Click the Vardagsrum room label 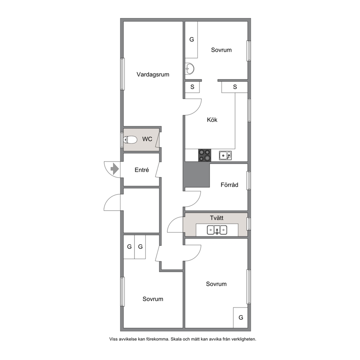pyautogui.click(x=153, y=74)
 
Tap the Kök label pyautogui.click(x=212, y=120)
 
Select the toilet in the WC pyautogui.click(x=130, y=140)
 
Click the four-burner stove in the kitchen pyautogui.click(x=205, y=155)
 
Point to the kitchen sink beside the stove pyautogui.click(x=225, y=155)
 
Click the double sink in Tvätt pyautogui.click(x=217, y=230)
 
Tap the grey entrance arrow pyautogui.click(x=115, y=169)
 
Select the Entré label pyautogui.click(x=142, y=170)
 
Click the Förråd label pyautogui.click(x=229, y=185)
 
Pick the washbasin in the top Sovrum pyautogui.click(x=190, y=69)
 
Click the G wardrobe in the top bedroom pyautogui.click(x=192, y=40)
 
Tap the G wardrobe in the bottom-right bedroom pyautogui.click(x=240, y=318)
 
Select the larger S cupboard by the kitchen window pyautogui.click(x=235, y=87)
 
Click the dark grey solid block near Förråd pyautogui.click(x=197, y=174)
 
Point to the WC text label pyautogui.click(x=147, y=139)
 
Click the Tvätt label pyautogui.click(x=217, y=218)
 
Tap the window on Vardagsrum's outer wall pyautogui.click(x=123, y=74)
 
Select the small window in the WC pyautogui.click(x=122, y=140)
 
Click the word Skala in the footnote pyautogui.click(x=176, y=339)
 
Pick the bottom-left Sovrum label pyautogui.click(x=153, y=299)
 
